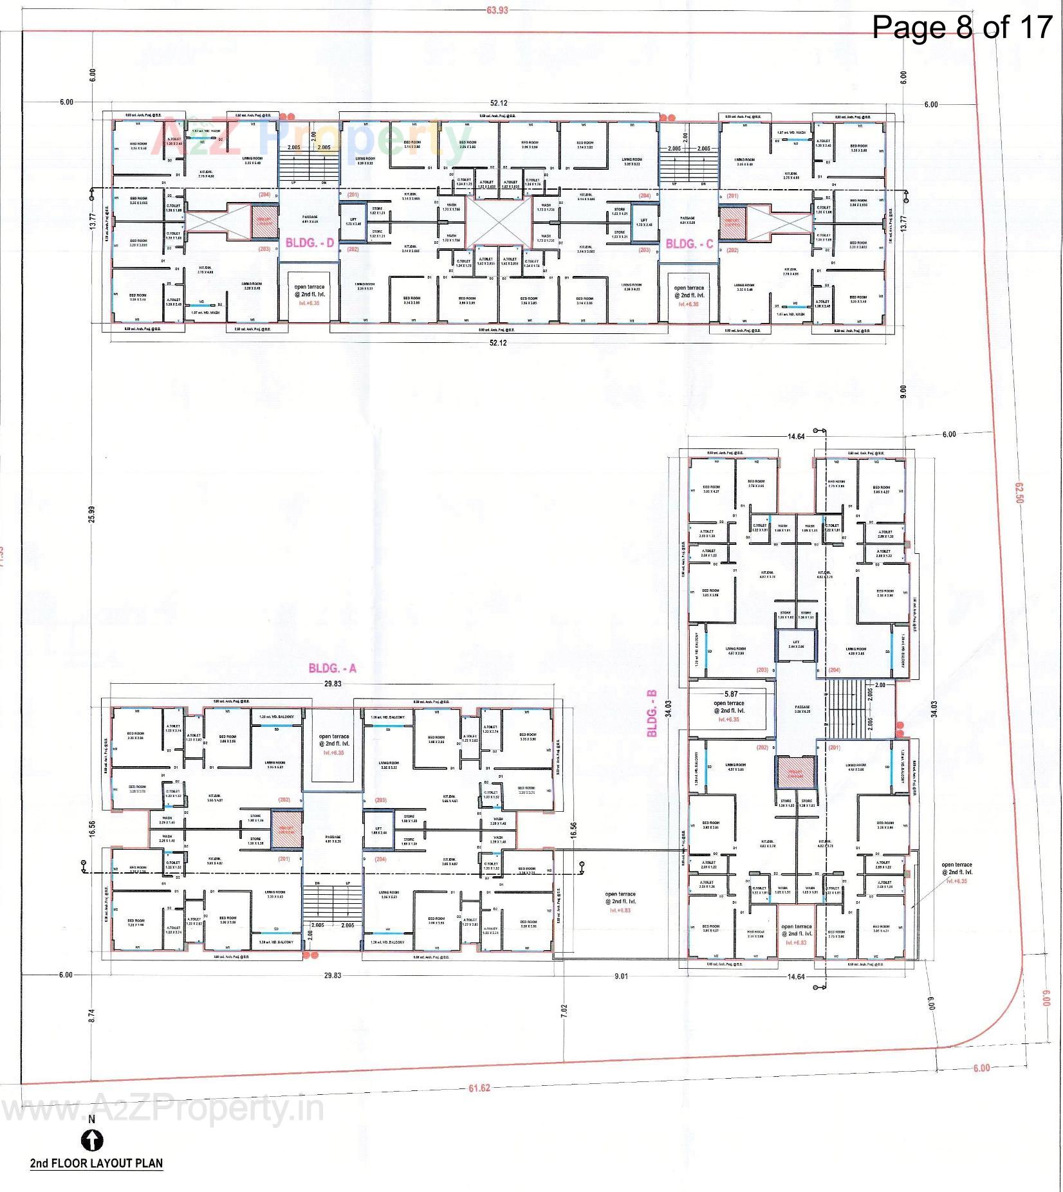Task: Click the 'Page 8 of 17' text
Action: (x=961, y=27)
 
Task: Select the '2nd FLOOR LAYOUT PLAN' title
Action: (x=97, y=1163)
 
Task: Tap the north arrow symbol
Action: (x=92, y=1141)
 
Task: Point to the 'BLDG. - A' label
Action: (x=333, y=668)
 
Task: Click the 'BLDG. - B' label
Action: (x=652, y=713)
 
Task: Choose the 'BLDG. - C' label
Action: (x=689, y=244)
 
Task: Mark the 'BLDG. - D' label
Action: (x=310, y=244)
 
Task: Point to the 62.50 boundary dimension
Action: (x=1019, y=493)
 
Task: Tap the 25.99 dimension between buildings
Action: (x=91, y=515)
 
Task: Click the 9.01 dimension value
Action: (x=620, y=977)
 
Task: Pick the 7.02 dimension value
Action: (x=564, y=1009)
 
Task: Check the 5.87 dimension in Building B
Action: (x=730, y=694)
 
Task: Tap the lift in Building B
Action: (x=796, y=646)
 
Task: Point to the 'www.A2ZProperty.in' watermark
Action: (x=161, y=1110)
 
